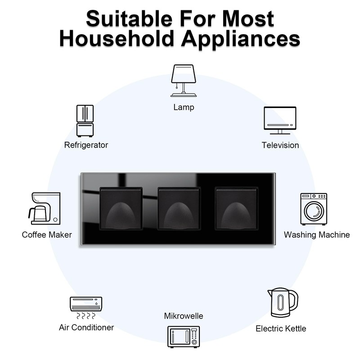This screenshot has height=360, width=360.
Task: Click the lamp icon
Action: click(x=184, y=81)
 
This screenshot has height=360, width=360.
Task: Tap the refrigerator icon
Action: click(x=85, y=121)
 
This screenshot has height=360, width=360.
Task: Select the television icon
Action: click(x=280, y=120)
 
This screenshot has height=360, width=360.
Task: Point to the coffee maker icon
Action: click(x=44, y=208)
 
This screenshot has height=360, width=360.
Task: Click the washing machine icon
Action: click(x=314, y=209)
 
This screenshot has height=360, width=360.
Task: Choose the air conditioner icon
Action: click(x=86, y=308)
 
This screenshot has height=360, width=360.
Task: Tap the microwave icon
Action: click(x=184, y=337)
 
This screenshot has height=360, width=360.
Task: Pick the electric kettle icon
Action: click(x=283, y=302)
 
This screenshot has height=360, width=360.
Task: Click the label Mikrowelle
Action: click(x=184, y=316)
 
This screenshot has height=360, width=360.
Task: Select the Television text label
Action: click(x=280, y=145)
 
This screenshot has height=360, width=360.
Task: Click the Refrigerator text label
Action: click(x=86, y=145)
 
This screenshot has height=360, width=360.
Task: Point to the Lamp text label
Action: click(x=184, y=107)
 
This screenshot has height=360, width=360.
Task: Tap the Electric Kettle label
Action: click(x=281, y=328)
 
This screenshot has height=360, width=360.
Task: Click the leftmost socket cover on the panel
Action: click(x=121, y=209)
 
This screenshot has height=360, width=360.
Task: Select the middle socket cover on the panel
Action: click(x=179, y=209)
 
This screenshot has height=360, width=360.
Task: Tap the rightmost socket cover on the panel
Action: click(x=237, y=209)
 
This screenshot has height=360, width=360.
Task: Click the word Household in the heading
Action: click(x=117, y=38)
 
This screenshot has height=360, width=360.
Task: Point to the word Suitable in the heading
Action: click(x=129, y=18)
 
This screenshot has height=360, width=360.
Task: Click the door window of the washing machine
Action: click(x=314, y=211)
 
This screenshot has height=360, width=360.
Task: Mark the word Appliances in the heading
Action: click(x=241, y=39)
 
